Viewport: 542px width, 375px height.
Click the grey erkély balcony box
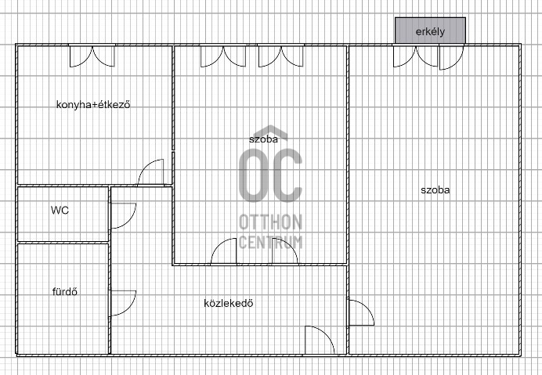pos(430,31)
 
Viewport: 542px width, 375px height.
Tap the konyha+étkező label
pos(93,104)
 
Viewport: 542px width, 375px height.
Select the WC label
pos(60,210)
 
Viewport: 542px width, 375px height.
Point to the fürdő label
pos(65,292)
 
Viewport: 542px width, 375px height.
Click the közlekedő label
pos(229,303)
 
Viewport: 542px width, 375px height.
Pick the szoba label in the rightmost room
pos(435,189)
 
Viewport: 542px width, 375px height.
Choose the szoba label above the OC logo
pos(263,139)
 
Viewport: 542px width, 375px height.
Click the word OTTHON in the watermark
pos(271,222)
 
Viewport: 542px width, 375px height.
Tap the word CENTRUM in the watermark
pos(271,242)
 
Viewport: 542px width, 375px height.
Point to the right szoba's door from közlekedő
pos(367,308)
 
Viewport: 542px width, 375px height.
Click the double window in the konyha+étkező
pos(92,56)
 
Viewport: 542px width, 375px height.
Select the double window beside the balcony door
pos(416,56)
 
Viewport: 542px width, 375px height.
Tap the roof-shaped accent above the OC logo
pos(271,130)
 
